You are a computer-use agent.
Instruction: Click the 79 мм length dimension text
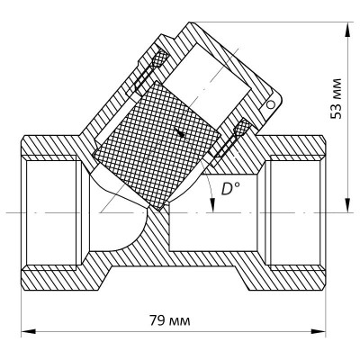175,319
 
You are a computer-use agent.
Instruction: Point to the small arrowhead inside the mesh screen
182,134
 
